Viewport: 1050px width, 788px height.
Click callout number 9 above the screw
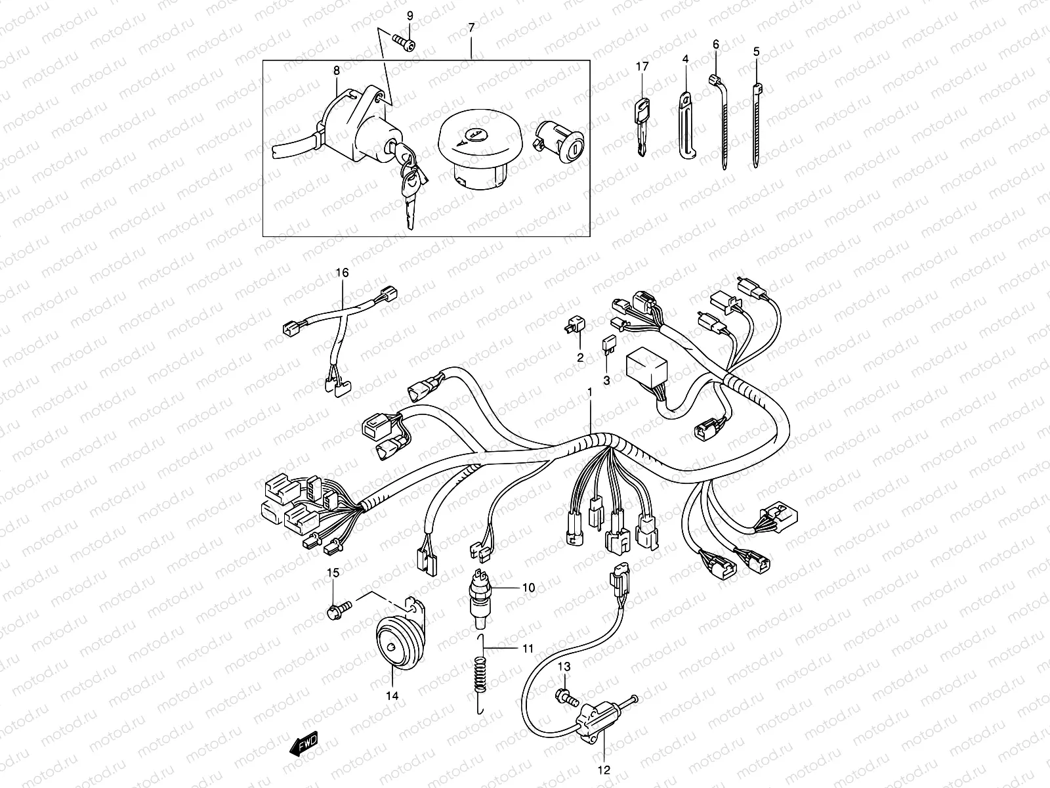[410, 15]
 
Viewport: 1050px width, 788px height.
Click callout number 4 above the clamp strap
[685, 59]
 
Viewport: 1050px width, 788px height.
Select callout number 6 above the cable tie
[716, 44]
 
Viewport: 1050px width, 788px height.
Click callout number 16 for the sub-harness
[343, 273]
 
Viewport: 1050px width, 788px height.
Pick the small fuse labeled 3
[608, 345]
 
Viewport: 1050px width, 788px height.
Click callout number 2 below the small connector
[580, 357]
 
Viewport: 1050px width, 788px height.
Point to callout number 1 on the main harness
[590, 392]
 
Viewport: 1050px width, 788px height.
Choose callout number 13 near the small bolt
[564, 667]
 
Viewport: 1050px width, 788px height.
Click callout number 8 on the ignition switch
[337, 70]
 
